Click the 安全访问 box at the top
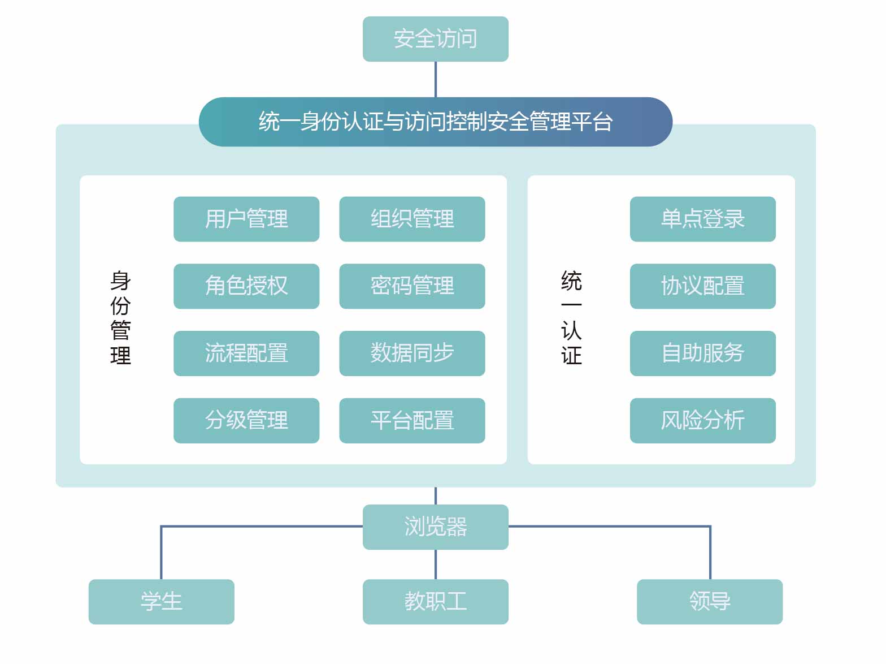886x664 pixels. click(x=435, y=39)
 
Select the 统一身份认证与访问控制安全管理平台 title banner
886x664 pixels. click(x=435, y=122)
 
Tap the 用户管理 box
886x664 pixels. click(x=246, y=219)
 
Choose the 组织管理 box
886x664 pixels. click(x=412, y=219)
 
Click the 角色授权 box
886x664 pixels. click(x=246, y=286)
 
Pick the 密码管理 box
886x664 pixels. click(x=412, y=286)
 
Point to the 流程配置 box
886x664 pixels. click(x=246, y=353)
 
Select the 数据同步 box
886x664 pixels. click(x=412, y=353)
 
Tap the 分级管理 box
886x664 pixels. click(x=246, y=421)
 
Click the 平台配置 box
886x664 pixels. click(x=412, y=421)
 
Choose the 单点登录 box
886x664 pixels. click(x=702, y=219)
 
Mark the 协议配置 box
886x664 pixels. click(x=702, y=286)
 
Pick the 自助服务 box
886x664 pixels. click(x=702, y=353)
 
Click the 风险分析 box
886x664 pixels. click(x=702, y=421)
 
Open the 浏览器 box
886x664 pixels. click(x=435, y=527)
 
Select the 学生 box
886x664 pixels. click(x=161, y=602)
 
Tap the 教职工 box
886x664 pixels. click(x=435, y=602)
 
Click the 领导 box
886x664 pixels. click(x=709, y=602)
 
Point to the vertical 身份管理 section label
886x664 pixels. click(x=120, y=318)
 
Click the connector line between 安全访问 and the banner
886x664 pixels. click(x=435, y=79)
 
